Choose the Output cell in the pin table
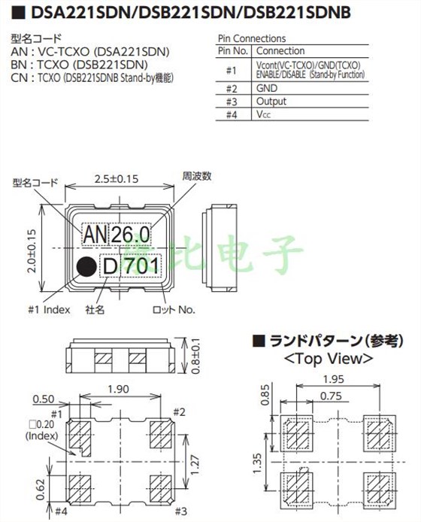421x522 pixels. tap(272, 102)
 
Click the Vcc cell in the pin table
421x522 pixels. tap(263, 115)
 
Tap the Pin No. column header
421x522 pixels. tap(232, 50)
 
